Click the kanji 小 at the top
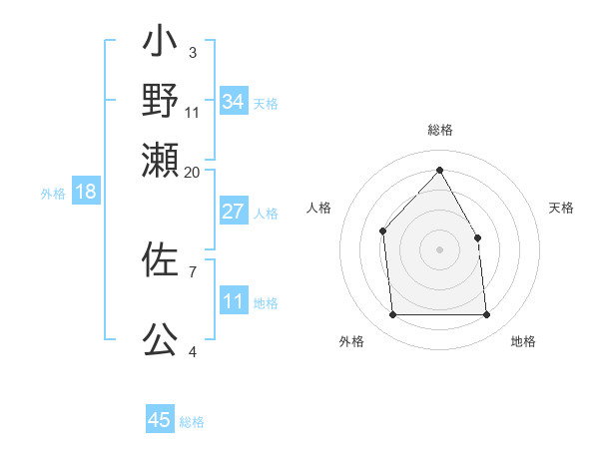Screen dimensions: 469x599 160,44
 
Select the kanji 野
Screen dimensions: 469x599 160,101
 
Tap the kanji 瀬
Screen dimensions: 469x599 160,160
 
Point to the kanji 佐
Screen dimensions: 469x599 160,260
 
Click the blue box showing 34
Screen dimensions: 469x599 233,102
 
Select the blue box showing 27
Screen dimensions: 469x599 233,212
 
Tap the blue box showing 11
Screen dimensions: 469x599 233,302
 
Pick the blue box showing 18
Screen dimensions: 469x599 86,192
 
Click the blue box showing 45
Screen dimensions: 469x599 160,420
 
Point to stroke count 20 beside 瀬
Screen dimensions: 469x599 192,172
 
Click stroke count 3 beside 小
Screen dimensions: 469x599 192,52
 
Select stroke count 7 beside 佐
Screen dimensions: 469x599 192,271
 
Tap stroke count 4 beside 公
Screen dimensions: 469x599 192,351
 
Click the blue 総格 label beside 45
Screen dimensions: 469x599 192,422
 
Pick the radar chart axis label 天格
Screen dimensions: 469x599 561,208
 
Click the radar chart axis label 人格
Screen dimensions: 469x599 318,208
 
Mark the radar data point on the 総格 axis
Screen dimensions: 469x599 439,171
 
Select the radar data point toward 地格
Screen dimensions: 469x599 486,315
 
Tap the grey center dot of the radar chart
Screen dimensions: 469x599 439,248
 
